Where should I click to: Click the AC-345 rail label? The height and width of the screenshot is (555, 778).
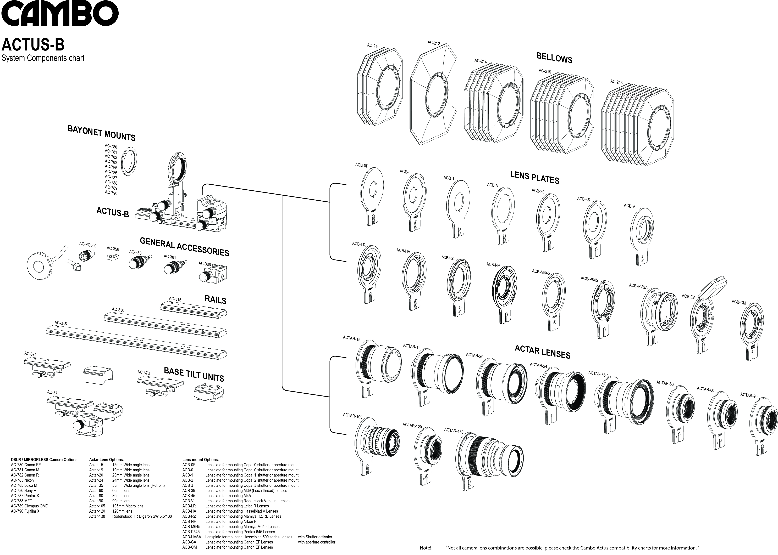[x=61, y=323]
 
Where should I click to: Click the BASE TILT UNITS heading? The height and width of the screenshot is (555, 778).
[x=194, y=375]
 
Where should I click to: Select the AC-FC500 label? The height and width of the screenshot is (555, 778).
[x=88, y=245]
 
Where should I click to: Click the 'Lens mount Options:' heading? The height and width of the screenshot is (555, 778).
[x=200, y=460]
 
